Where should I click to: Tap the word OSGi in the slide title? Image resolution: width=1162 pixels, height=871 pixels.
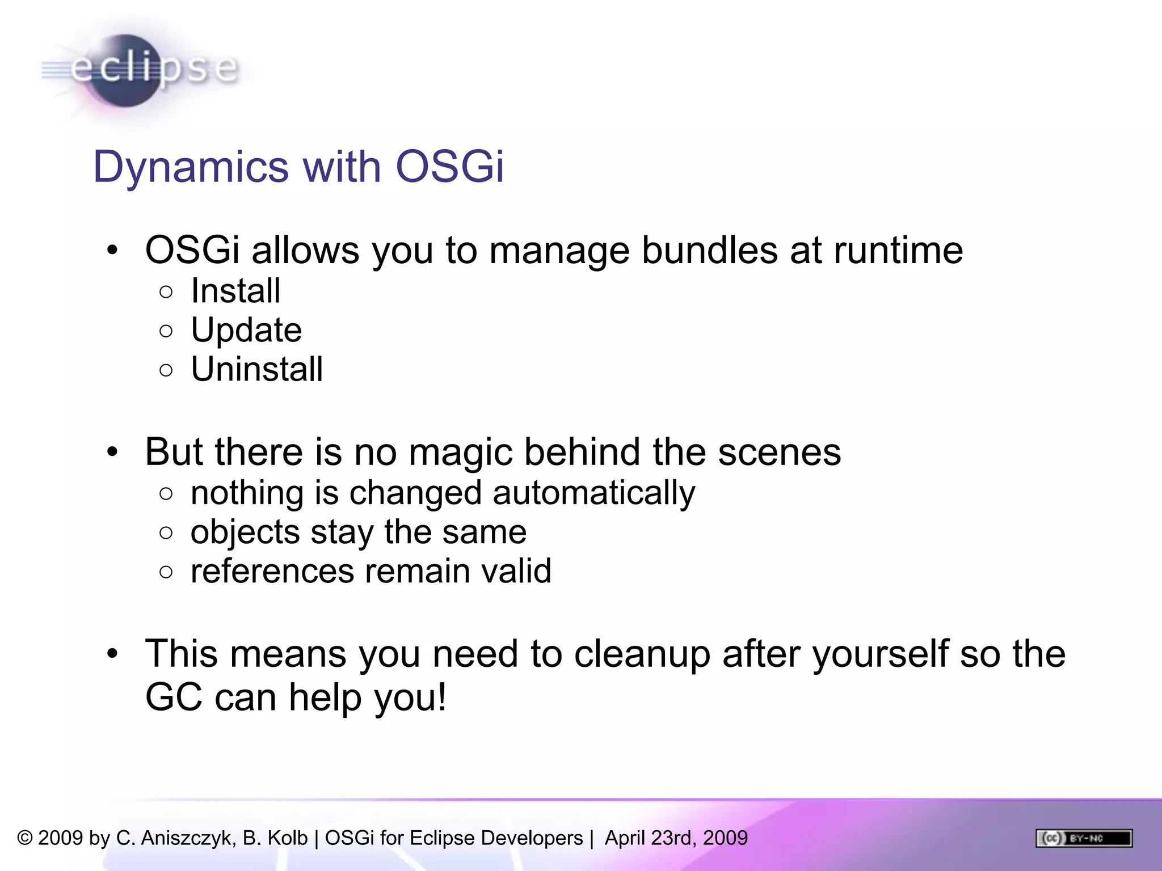(449, 167)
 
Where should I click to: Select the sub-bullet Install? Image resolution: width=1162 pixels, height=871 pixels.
(235, 291)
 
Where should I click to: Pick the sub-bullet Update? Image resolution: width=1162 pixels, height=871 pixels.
(246, 330)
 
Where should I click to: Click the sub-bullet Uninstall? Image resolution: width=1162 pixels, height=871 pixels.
(256, 369)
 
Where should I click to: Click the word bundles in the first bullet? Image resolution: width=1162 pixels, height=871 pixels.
(710, 250)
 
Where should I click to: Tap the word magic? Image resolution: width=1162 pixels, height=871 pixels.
(460, 453)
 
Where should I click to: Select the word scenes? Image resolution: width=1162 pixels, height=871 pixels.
(779, 453)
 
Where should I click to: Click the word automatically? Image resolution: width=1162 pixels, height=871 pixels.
(593, 493)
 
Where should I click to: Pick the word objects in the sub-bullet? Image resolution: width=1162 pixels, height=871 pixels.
(245, 532)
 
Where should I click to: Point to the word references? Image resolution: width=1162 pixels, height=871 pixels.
(272, 571)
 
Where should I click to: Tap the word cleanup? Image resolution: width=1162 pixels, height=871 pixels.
(642, 654)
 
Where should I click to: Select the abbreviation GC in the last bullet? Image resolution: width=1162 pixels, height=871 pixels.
(174, 697)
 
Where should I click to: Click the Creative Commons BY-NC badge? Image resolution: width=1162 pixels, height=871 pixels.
(1084, 838)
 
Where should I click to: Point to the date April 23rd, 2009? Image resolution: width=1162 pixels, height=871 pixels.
(676, 838)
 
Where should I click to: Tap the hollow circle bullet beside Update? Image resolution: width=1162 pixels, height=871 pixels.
(166, 331)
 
